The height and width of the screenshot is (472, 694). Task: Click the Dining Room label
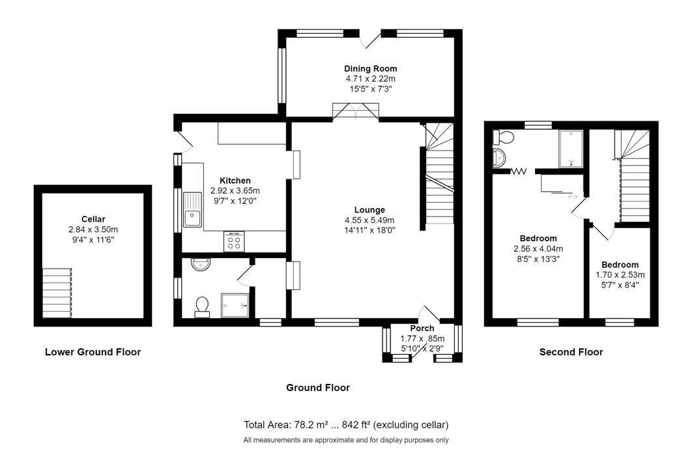pos(370,68)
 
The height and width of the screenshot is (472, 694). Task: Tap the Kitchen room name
pos(235,181)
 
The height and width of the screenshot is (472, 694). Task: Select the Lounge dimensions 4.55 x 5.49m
pos(369,220)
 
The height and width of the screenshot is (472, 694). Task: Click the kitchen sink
pos(192,209)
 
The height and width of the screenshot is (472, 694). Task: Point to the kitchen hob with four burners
pos(234,241)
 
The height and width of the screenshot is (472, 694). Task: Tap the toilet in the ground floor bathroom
pos(202,307)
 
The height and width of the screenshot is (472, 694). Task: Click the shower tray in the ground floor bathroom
pos(235,306)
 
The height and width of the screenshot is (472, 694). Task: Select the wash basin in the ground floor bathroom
pos(201,264)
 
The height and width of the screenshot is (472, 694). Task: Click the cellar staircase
pos(57,293)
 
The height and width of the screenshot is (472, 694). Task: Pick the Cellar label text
pos(93,219)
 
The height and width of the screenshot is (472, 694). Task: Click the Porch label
pos(422,329)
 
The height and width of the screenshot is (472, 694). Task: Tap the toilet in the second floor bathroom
pos(503,138)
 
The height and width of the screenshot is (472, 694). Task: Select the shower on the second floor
pos(571,149)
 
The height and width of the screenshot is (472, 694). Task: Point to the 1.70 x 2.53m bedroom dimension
pos(620,275)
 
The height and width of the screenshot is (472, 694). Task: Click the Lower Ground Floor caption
pos(93,352)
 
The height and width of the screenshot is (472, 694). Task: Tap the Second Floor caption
pos(571,352)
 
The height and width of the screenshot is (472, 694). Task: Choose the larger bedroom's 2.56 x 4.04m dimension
pos(538,249)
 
